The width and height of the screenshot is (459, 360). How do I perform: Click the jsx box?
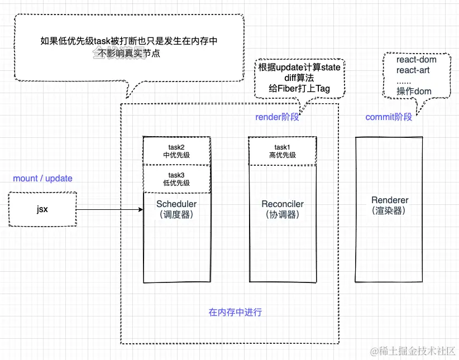42,210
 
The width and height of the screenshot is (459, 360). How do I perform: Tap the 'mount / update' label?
42,179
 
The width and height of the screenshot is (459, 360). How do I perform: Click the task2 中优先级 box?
176,151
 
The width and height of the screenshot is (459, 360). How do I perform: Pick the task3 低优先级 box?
176,179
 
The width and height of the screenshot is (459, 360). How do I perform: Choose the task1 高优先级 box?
282,151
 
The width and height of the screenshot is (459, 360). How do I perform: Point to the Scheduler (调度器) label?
176,209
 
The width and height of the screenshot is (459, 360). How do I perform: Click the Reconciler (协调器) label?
282,209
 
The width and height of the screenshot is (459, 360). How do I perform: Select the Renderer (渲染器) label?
390,205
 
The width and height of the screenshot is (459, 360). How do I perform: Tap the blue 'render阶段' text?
278,117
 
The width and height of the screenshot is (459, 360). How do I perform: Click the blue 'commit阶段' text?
389,117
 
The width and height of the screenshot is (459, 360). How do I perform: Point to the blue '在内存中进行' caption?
235,312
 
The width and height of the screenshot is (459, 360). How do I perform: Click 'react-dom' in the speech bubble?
416,60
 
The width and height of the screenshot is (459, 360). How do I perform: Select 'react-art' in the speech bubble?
414,70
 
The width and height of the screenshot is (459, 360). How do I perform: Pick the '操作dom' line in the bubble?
414,92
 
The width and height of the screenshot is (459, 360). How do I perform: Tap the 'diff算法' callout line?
299,78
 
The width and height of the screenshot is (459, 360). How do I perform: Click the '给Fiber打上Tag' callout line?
299,89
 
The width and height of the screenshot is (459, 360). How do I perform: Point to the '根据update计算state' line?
299,68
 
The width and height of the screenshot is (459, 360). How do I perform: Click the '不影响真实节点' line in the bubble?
128,54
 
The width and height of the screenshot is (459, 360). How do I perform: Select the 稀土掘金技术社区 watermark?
414,351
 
